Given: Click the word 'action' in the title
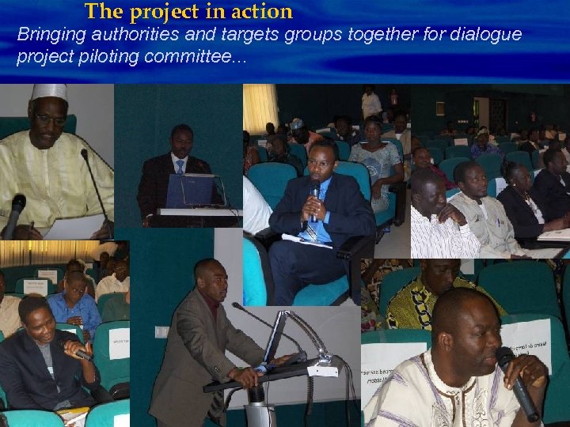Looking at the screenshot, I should [260, 12].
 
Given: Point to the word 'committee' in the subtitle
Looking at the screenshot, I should [207, 58].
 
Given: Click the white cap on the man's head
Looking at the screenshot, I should [49, 92].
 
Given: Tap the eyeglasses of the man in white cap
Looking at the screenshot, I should [49, 119].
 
